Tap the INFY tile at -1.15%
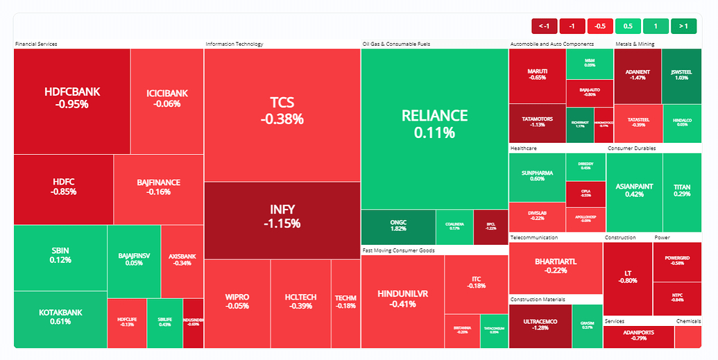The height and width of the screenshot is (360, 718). point(282,216)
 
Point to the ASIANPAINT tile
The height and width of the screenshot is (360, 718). point(634,191)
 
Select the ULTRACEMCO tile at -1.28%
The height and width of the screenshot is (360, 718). point(540,326)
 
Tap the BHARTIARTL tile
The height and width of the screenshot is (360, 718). point(556,266)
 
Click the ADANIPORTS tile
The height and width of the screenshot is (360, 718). point(638,336)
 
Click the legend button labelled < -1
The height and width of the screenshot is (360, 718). point(545,26)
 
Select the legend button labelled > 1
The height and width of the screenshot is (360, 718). point(683,26)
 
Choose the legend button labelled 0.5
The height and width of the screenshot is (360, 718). point(628,26)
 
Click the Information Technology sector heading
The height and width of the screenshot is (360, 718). point(234,44)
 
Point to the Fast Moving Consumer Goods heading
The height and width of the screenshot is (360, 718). point(398,250)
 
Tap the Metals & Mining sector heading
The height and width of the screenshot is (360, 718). point(635,44)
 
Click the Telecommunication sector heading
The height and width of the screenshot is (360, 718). point(534,237)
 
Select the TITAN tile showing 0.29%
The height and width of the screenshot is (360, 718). point(682,191)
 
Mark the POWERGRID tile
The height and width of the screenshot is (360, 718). point(677,262)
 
